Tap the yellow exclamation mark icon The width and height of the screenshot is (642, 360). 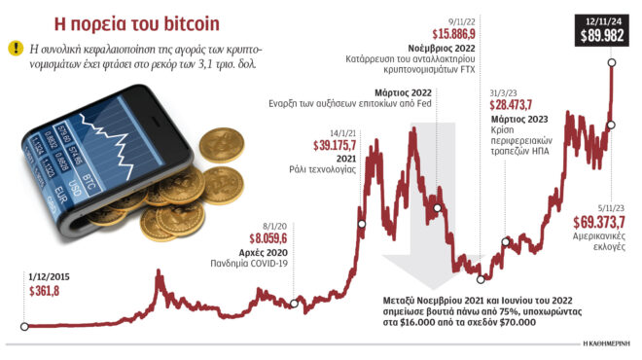click(17, 48)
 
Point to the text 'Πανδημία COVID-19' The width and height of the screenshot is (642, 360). click(250, 264)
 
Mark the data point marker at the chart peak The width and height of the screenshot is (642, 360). click(612, 64)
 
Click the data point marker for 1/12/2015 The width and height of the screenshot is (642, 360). click(24, 326)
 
